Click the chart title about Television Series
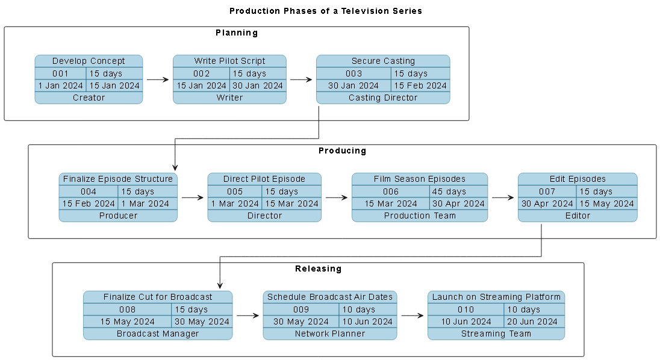pos(326,11)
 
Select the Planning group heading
pos(237,33)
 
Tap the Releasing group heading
pos(318,268)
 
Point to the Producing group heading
pos(342,151)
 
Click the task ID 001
pos(60,73)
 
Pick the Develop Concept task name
pos(89,61)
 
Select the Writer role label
pos(229,98)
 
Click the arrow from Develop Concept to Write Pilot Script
pos(158,79)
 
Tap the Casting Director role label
pos(383,98)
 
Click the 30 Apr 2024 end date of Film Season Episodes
pos(458,203)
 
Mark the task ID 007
pos(547,191)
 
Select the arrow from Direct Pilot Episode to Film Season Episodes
pos(336,197)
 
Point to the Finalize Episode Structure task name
pos(118,179)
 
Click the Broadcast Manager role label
pos(158,334)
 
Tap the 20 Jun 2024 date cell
pos(534,321)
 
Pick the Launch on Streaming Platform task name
pos(496,297)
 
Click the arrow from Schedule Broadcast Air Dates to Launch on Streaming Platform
pos(412,315)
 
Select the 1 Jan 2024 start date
pos(60,85)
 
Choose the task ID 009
pos(301,309)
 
